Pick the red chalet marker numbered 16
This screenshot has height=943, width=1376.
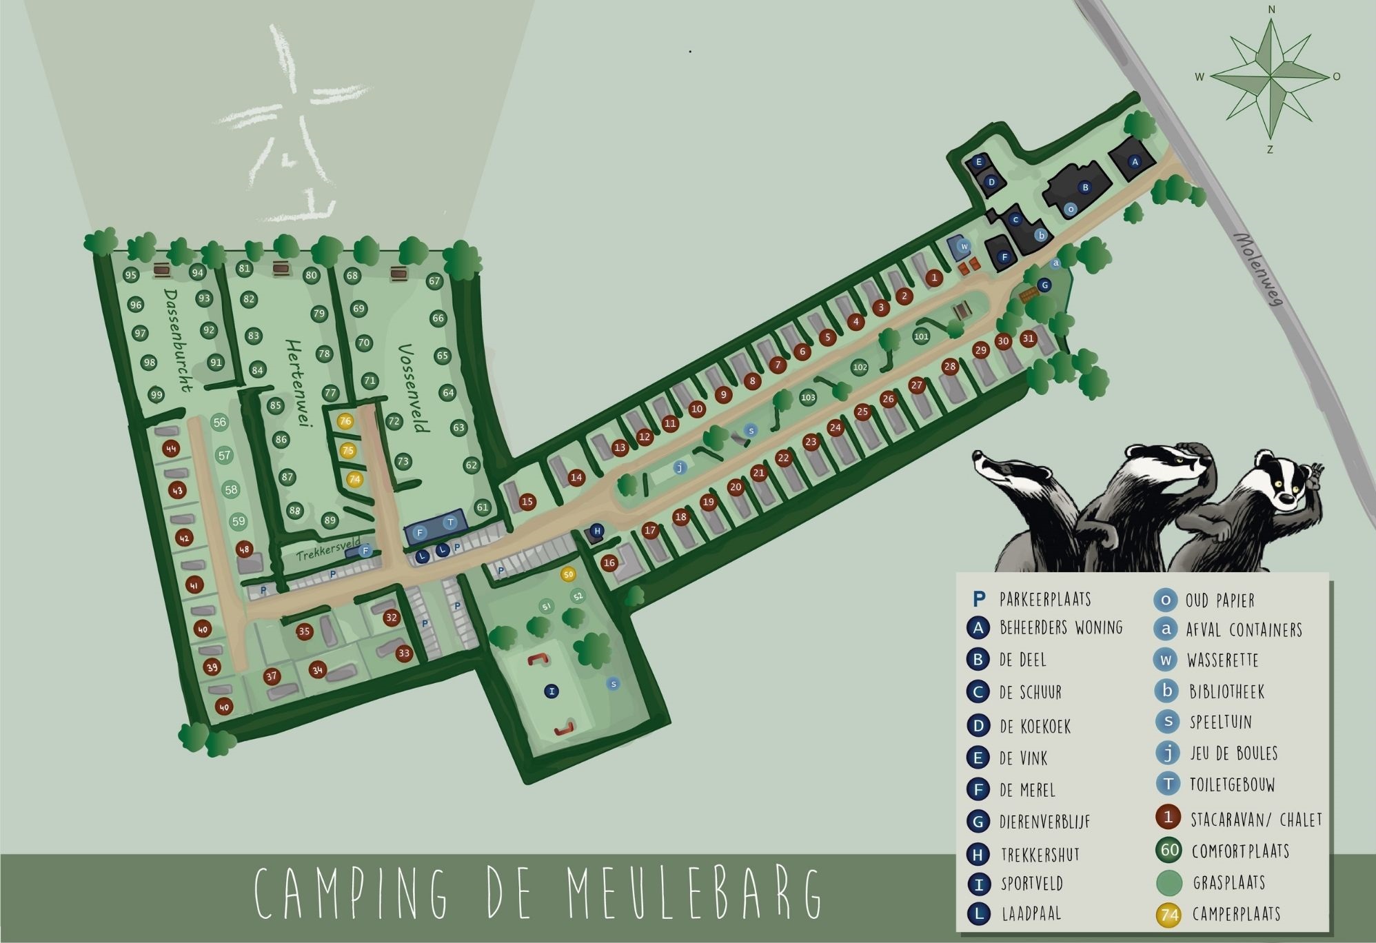609,563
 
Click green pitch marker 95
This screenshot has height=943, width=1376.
131,275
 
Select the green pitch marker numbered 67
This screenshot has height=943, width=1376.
434,281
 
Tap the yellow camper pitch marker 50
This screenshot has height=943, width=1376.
568,574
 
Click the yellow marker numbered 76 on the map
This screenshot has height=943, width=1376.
345,421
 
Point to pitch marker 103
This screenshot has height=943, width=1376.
808,398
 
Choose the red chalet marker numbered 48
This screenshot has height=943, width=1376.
244,549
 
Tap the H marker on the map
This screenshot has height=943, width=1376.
597,531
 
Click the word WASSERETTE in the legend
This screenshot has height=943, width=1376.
1222,660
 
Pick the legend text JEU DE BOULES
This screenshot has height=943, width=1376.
1233,753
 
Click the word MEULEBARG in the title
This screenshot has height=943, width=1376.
694,894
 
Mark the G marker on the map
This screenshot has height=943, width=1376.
1044,285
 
